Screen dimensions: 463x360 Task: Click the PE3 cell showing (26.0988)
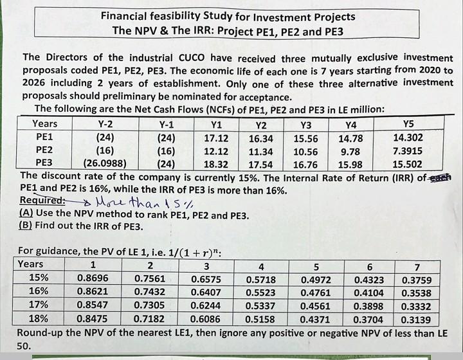pos(105,163)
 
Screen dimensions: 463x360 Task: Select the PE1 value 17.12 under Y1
pos(216,138)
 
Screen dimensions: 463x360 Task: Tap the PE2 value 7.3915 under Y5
pos(408,151)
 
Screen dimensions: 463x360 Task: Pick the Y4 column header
pos(351,125)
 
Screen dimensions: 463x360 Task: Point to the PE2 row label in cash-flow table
pos(44,150)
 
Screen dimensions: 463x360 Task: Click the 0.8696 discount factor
pos(93,278)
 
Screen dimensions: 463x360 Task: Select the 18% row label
pos(39,318)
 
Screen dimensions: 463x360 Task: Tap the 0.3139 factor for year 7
pos(416,320)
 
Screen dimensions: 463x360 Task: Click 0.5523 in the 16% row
pos(260,292)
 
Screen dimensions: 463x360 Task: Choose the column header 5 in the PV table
pos(316,267)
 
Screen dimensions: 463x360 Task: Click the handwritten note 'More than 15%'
pos(145,202)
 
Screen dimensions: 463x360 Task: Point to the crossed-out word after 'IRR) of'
pos(440,177)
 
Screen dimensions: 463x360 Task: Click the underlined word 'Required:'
pos(42,200)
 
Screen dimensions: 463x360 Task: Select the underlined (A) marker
pos(26,212)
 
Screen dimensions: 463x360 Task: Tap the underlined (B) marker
pos(25,225)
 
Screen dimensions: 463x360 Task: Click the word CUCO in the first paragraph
pos(192,57)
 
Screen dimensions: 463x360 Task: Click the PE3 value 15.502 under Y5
pos(407,164)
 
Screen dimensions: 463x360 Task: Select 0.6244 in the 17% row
pos(206,305)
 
